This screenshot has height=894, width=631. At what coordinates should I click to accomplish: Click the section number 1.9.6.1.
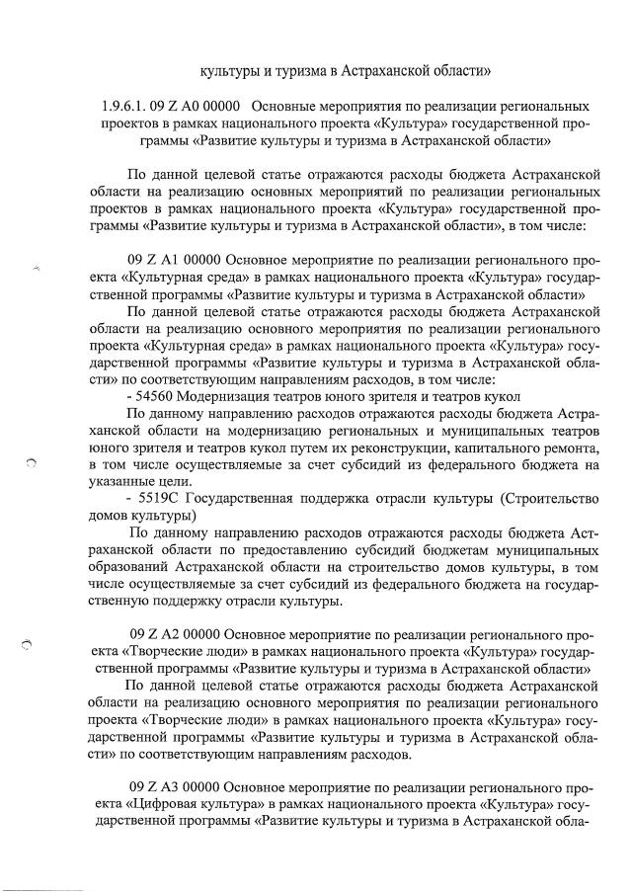click(x=122, y=106)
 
